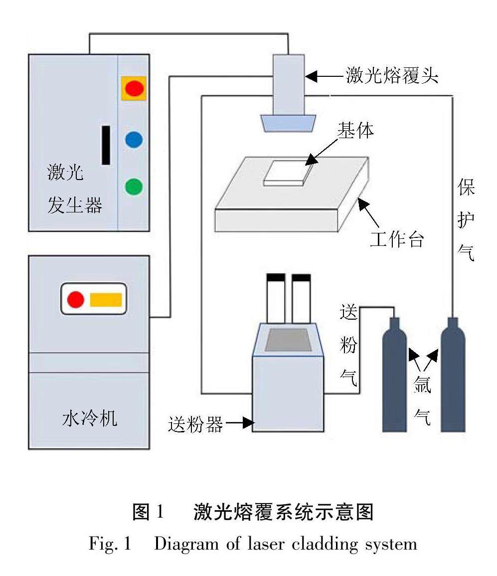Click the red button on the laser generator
tap(134, 88)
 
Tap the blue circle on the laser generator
tap(134, 139)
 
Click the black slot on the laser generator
tap(106, 145)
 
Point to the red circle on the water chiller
tap(76, 299)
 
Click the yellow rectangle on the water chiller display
tap(106, 299)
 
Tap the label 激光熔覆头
tap(392, 76)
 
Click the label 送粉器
tap(195, 424)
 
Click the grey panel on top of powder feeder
tap(288, 340)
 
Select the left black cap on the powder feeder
tap(276, 277)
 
